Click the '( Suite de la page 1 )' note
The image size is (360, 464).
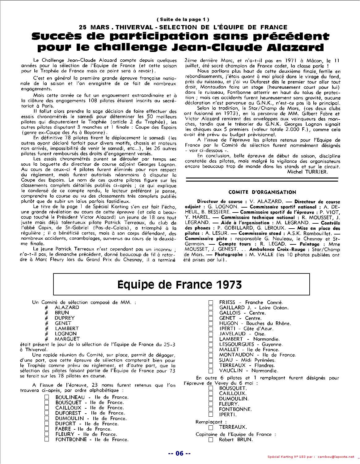180,20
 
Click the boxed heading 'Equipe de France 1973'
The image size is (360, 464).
180,284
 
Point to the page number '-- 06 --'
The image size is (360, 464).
179,453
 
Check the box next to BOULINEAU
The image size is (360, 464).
47,397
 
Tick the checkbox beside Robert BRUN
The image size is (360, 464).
211,440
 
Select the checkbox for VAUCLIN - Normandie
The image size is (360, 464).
211,371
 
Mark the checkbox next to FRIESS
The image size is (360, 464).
211,302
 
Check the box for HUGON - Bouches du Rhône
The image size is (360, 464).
211,323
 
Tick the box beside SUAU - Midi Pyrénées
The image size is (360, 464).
211,360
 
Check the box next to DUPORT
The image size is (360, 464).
47,424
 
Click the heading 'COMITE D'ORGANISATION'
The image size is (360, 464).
262,192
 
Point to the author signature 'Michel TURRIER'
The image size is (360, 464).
307,172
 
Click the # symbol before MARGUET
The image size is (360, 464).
46,339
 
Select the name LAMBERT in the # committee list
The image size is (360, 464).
67,328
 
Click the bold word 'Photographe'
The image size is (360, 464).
229,255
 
